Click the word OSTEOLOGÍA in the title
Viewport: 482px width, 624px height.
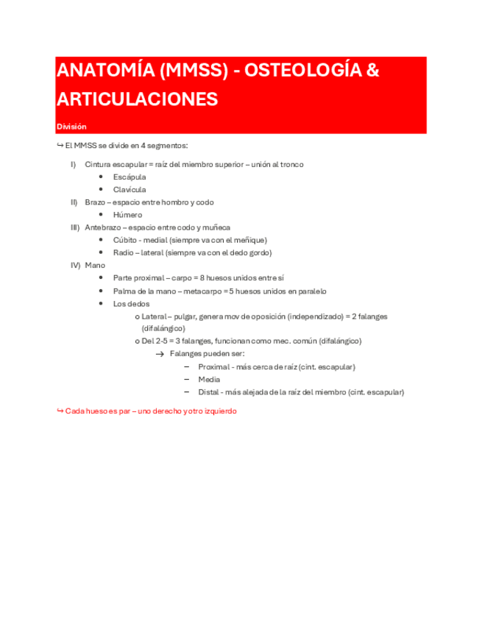point(302,71)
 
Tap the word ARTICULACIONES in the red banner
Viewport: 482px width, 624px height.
point(137,99)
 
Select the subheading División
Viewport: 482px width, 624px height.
point(71,127)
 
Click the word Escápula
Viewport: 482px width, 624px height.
point(130,177)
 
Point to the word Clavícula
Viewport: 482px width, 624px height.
point(130,190)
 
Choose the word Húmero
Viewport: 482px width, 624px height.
point(127,215)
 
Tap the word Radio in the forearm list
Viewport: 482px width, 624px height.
point(124,252)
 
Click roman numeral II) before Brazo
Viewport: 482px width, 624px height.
point(74,202)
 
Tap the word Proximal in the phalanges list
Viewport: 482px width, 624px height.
point(215,366)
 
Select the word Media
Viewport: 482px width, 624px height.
point(209,379)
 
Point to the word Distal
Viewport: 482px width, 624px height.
point(210,391)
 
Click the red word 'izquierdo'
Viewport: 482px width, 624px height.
point(219,411)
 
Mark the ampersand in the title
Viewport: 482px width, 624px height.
point(372,71)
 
